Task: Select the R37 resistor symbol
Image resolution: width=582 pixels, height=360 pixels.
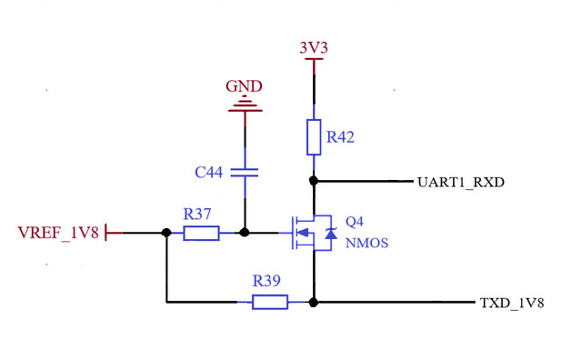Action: tap(201, 234)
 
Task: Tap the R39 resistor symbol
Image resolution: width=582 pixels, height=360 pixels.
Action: tap(269, 302)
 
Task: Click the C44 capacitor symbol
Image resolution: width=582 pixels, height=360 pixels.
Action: tap(244, 171)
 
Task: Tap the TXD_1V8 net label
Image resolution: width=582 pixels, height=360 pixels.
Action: tap(511, 303)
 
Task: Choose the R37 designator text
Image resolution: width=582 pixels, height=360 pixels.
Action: tap(197, 214)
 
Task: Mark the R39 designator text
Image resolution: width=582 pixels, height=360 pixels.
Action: tap(267, 282)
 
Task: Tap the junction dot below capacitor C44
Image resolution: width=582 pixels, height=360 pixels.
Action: tap(244, 234)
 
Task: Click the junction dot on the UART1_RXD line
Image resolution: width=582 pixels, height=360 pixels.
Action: tap(313, 182)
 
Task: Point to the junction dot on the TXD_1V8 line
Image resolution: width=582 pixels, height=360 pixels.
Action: tap(313, 302)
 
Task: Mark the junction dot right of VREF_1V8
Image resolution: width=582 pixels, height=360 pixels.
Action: tap(166, 234)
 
